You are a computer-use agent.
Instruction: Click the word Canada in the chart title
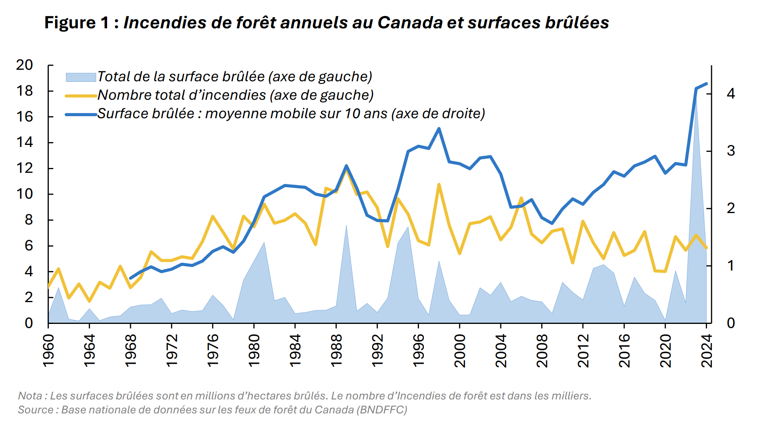(410, 23)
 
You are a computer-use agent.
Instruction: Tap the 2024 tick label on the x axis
(707, 351)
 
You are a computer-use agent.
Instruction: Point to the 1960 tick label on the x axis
(48, 351)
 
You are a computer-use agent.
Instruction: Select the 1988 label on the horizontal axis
(337, 351)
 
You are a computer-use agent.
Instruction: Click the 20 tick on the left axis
(24, 65)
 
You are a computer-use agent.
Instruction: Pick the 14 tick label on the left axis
(24, 142)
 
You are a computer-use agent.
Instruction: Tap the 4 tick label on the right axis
(730, 94)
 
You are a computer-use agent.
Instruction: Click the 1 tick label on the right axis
(730, 266)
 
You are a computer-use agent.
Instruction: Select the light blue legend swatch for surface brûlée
(81, 77)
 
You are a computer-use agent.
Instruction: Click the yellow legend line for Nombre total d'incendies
(81, 95)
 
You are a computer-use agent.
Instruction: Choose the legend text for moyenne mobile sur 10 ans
(291, 113)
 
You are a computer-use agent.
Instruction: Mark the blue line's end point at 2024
(706, 84)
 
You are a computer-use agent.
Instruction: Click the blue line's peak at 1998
(439, 128)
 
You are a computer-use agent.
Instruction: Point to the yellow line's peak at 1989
(346, 169)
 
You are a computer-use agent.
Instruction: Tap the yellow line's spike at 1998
(439, 184)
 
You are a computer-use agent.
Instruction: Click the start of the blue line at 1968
(130, 278)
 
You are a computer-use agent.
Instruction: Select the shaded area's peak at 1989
(346, 225)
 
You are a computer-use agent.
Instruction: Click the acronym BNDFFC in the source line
(382, 410)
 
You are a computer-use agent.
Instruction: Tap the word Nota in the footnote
(30, 396)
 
